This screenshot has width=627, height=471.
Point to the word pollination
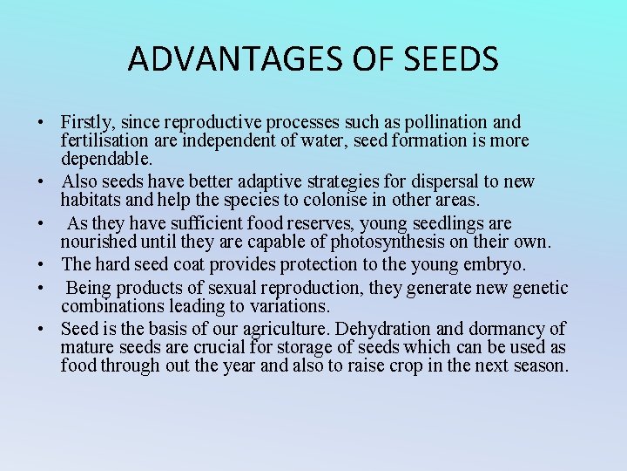point(439,122)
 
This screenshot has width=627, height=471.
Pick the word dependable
point(107,159)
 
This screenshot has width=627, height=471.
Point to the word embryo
point(502,264)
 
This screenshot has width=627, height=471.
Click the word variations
point(286,306)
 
